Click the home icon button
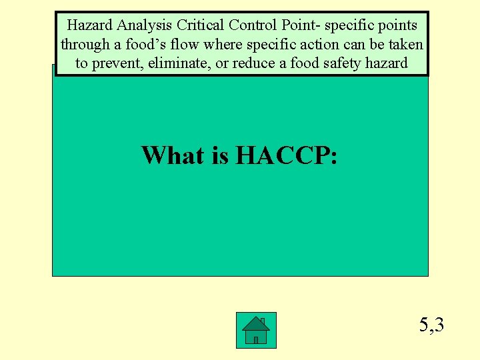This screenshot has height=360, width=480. pyautogui.click(x=256, y=330)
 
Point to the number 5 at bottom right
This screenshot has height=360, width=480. pyautogui.click(x=424, y=325)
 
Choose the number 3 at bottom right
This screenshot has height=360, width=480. pyautogui.click(x=439, y=325)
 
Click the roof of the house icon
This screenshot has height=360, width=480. pyautogui.click(x=256, y=323)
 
